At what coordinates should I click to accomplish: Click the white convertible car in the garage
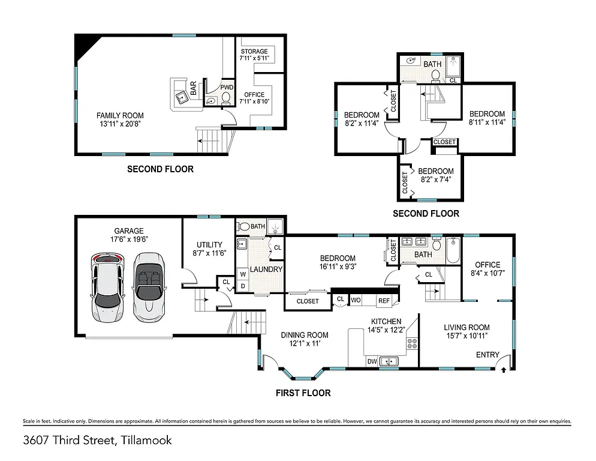coord(148,285)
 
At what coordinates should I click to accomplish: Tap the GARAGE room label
coord(129,230)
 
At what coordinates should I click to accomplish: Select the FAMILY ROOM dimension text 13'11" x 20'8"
coord(121,125)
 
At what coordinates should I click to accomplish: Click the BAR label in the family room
coord(194,89)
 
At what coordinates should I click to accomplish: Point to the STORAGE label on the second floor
coord(254,52)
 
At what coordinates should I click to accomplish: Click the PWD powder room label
coord(226,88)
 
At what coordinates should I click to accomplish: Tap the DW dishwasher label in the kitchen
coord(372,361)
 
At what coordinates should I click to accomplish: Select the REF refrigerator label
coord(384,300)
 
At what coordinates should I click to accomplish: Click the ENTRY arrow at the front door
coord(502,370)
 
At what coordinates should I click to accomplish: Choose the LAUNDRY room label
coord(266,270)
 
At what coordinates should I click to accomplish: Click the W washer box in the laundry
coord(243,274)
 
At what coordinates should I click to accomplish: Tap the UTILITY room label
coord(209,245)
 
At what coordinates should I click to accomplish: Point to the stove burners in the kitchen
coord(413,343)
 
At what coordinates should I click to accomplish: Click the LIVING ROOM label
coord(466,327)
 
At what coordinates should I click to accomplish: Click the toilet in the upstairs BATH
coord(437,75)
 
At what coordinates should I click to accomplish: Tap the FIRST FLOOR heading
coord(303,393)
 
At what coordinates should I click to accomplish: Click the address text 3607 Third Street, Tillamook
coord(98,440)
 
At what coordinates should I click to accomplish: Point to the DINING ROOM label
coord(305,335)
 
